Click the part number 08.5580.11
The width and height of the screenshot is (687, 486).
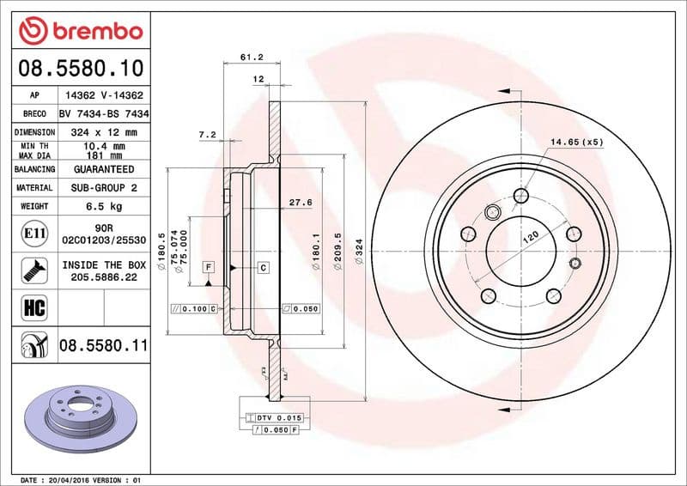[103, 346]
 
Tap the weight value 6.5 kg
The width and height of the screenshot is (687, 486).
[104, 206]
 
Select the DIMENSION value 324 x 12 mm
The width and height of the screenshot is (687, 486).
[104, 132]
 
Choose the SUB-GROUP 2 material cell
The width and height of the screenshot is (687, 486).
[104, 187]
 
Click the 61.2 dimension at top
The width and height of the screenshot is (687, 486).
[251, 58]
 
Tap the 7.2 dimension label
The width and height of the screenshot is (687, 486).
[206, 135]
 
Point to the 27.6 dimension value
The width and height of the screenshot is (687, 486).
[299, 202]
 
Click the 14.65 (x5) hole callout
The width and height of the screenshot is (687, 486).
[577, 141]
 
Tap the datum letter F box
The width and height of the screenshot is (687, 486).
[208, 268]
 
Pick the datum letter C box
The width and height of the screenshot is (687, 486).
[263, 268]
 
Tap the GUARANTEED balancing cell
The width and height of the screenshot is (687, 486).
[104, 169]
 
